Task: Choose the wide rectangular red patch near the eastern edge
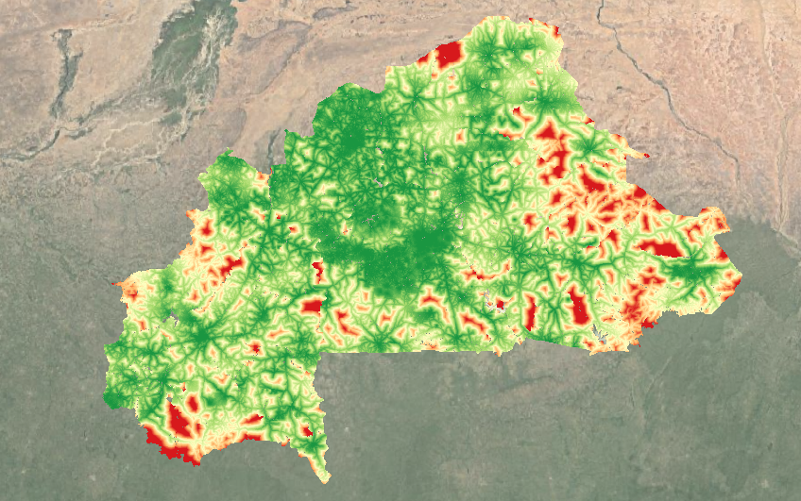(x=661, y=249)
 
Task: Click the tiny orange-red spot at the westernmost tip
(x=115, y=283)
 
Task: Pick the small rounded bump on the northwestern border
(x=226, y=155)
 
